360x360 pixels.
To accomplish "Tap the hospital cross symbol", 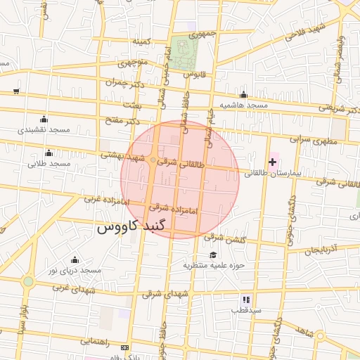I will click(273, 162).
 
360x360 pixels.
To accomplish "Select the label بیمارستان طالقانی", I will click(274, 173).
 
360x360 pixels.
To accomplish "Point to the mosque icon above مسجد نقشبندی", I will click(44, 119).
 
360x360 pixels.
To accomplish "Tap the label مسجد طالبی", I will click(49, 164).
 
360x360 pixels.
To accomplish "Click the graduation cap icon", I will click(213, 255).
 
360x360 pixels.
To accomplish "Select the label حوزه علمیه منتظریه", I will click(213, 265).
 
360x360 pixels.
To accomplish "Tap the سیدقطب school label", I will click(248, 309).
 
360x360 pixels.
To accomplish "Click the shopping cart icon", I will click(16, 91).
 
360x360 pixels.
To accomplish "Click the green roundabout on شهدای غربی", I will click(28, 282).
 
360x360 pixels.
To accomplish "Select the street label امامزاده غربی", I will click(108, 200).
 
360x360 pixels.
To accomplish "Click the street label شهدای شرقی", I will click(166, 295).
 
